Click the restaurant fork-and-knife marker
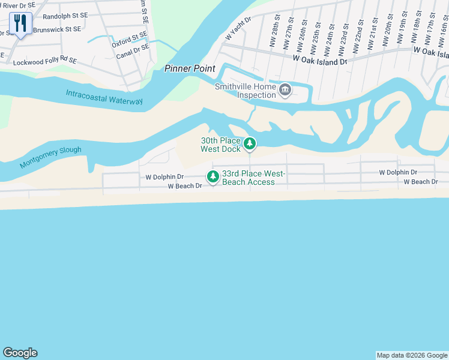[x=20, y=23]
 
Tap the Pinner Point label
[x=190, y=68]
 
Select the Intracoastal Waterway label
[x=104, y=97]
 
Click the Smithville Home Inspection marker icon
[x=285, y=91]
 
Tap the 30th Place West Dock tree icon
[x=250, y=144]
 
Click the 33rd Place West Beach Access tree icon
[x=212, y=176]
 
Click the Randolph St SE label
[x=65, y=16]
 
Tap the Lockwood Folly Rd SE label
[x=45, y=61]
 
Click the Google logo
[x=20, y=353]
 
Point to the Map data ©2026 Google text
[x=411, y=355]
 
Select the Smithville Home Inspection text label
[x=246, y=91]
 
